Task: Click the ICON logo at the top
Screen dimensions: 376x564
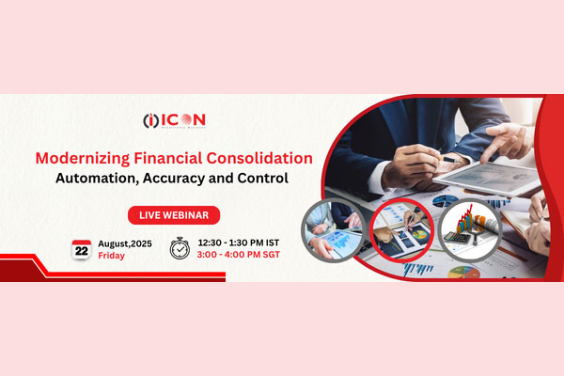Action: coord(174,119)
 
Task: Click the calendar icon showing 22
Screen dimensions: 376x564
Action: coord(82,248)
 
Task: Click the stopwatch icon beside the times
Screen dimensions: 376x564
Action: coord(179,248)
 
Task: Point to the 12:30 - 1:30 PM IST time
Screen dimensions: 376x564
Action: coord(241,241)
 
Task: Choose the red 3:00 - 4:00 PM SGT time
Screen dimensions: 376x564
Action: coord(241,255)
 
